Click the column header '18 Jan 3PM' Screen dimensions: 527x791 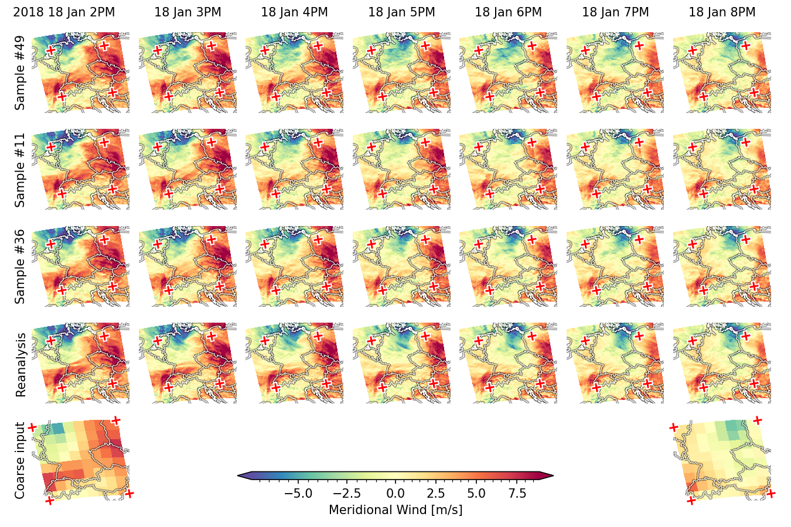point(187,12)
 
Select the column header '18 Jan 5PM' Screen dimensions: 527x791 point(401,12)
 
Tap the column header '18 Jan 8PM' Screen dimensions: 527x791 point(722,12)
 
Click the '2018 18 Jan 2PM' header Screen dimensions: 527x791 point(64,12)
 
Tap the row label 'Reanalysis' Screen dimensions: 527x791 point(21,365)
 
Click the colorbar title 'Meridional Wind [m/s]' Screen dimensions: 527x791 point(395,510)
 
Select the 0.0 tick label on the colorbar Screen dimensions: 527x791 point(395,494)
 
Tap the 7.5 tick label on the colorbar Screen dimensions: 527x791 point(517,494)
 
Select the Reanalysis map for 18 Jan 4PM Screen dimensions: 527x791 point(294,362)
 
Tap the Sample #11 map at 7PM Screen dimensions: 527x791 point(615,170)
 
